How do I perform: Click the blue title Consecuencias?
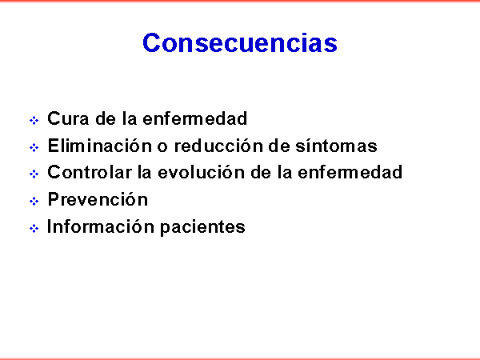coord(240,42)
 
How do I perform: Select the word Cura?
coord(68,118)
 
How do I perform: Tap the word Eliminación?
coord(100,146)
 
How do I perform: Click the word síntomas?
coord(337,146)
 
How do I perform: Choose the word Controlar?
coord(90,172)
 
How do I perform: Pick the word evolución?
coord(202,172)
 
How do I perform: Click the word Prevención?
coord(98,199)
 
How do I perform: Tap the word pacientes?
coord(202,228)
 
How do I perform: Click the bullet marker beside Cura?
coord(34,120)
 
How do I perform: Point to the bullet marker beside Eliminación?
coord(34,147)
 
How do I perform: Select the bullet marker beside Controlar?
coord(34,174)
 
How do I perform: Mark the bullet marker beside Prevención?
coord(34,201)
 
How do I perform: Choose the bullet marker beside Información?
coord(34,228)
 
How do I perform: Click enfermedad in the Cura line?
coord(195,118)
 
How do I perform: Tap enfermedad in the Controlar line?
coord(350,172)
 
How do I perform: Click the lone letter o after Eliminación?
coord(162,147)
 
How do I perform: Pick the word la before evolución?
coord(145,172)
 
